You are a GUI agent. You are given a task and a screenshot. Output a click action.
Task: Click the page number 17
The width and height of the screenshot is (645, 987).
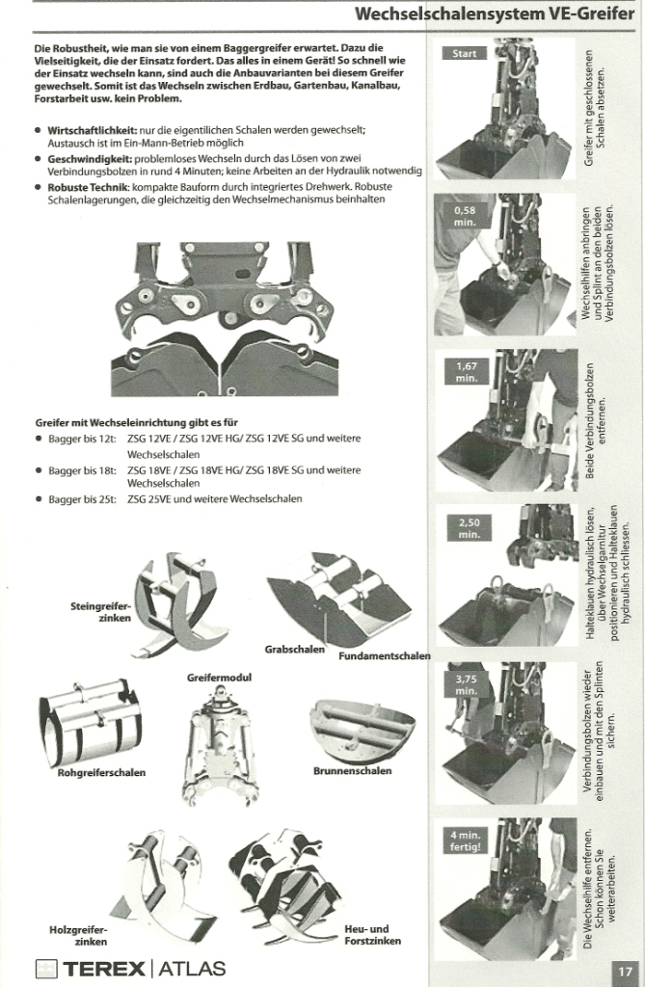click(625, 970)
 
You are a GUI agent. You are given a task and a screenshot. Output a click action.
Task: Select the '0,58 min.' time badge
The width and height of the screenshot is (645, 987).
click(465, 215)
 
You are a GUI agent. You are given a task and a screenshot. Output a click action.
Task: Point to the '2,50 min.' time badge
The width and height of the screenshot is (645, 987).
click(469, 528)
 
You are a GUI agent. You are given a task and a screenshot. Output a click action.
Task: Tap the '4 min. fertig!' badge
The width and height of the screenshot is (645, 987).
click(465, 840)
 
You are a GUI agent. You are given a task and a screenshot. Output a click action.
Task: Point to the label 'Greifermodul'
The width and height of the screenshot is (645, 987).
click(219, 678)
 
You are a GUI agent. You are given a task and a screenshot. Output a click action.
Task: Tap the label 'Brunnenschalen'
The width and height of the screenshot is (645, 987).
click(352, 770)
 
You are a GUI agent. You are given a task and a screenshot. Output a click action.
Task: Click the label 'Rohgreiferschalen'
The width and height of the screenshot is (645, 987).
click(101, 772)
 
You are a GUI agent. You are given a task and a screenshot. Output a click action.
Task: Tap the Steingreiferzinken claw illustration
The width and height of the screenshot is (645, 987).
click(178, 607)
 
